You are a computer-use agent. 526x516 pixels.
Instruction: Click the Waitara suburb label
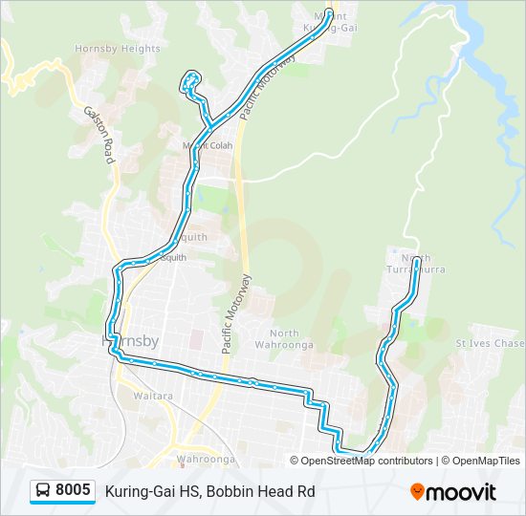click(x=152, y=395)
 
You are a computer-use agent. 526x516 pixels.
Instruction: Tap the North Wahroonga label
click(x=278, y=339)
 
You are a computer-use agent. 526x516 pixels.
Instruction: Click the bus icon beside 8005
click(x=43, y=491)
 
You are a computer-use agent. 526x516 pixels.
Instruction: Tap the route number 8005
click(x=73, y=491)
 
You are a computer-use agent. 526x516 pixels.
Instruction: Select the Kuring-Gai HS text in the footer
click(x=151, y=492)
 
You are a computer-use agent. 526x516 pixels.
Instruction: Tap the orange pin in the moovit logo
click(x=417, y=492)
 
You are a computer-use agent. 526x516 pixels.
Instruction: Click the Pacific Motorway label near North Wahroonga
click(x=236, y=314)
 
